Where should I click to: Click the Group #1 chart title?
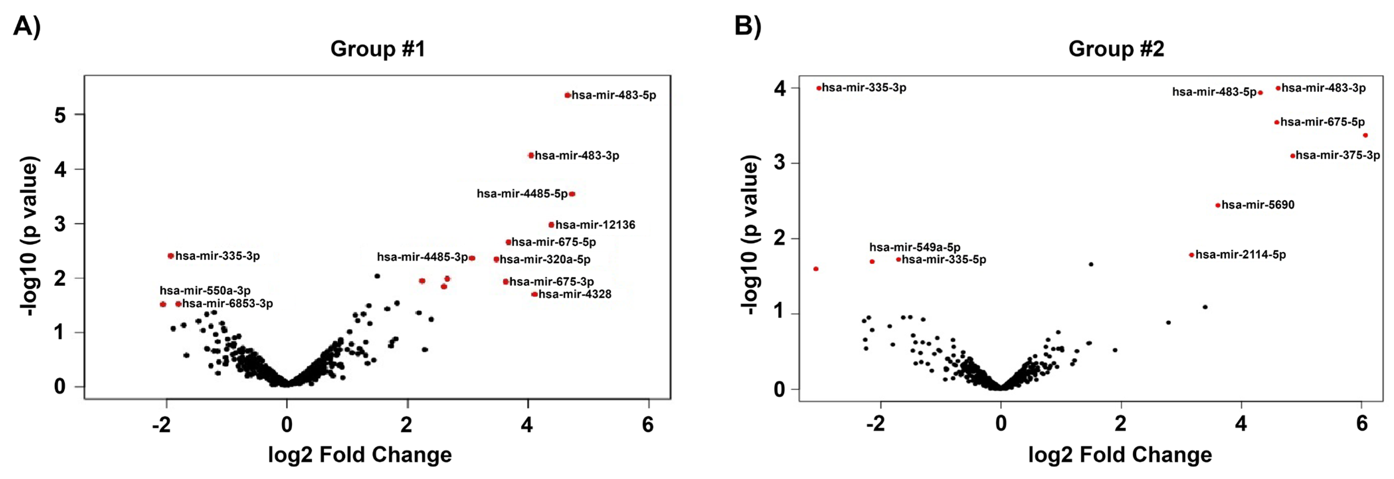coord(378,49)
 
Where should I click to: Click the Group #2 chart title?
coord(1116,49)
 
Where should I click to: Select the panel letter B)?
coord(748,26)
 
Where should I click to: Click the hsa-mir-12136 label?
coord(595,225)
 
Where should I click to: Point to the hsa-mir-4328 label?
coord(575,294)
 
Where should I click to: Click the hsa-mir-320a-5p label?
coord(545,259)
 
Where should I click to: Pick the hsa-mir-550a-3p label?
coord(205,291)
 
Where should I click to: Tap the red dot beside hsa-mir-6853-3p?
coord(178,304)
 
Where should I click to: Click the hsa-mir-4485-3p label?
coord(422,257)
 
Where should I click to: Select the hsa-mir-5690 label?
coord(1258,204)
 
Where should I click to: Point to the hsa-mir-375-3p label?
coord(1338,155)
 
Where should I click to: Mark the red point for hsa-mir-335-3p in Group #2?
coord(819,88)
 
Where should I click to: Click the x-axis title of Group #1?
coord(360,455)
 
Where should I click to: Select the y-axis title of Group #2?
coord(750,235)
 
